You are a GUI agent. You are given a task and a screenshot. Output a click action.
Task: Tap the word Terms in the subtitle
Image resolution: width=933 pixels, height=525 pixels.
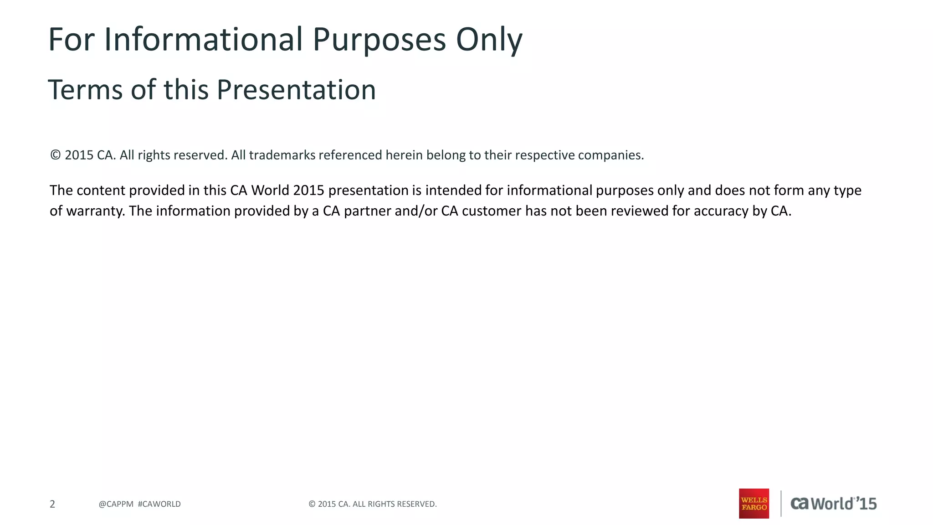pyautogui.click(x=85, y=89)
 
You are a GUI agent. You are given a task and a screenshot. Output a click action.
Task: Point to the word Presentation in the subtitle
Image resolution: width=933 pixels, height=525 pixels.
pyautogui.click(x=296, y=89)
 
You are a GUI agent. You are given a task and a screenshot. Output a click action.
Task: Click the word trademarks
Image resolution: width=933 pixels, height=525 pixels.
pyautogui.click(x=282, y=155)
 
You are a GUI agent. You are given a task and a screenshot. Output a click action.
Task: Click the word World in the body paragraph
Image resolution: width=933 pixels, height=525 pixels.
pyautogui.click(x=270, y=190)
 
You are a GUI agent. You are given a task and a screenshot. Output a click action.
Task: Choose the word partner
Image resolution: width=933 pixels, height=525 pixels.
pyautogui.click(x=367, y=211)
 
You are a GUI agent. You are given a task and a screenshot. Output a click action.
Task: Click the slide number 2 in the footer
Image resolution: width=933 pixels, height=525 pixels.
pyautogui.click(x=52, y=504)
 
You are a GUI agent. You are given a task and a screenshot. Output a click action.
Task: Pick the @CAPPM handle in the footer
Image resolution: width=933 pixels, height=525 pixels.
pyautogui.click(x=116, y=504)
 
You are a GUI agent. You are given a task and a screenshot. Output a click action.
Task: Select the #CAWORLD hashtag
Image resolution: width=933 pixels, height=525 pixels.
pyautogui.click(x=159, y=504)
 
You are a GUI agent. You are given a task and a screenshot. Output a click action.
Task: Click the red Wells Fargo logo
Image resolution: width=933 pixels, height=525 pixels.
pyautogui.click(x=754, y=504)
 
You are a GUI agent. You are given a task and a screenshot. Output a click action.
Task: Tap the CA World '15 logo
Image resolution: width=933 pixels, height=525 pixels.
pyautogui.click(x=833, y=504)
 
